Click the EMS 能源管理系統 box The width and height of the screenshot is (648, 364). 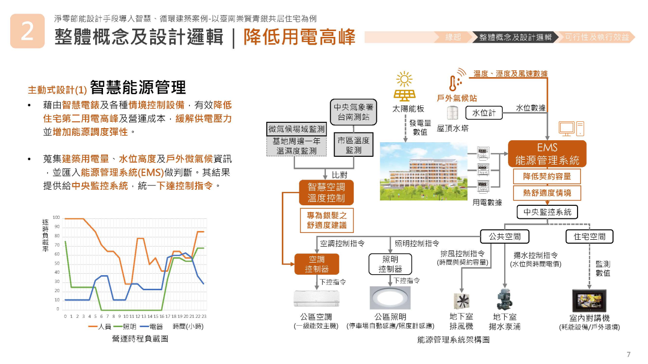tap(547, 153)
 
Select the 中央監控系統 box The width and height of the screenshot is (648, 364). tap(547, 212)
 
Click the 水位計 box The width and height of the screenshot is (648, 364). tap(484, 113)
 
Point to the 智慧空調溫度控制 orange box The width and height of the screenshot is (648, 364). tap(326, 192)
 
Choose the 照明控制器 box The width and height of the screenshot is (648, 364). tap(391, 264)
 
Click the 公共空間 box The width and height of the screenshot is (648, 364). tap(505, 236)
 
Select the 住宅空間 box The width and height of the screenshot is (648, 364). tap(589, 236)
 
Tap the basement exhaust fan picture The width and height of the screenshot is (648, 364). tap(461, 300)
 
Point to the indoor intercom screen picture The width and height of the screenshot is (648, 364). tap(589, 301)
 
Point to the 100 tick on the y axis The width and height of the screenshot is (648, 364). tap(56, 218)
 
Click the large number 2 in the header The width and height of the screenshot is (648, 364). tap(27, 31)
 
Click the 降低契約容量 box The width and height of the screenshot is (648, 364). tap(547, 176)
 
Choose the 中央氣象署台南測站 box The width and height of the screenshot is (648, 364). tap(353, 112)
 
